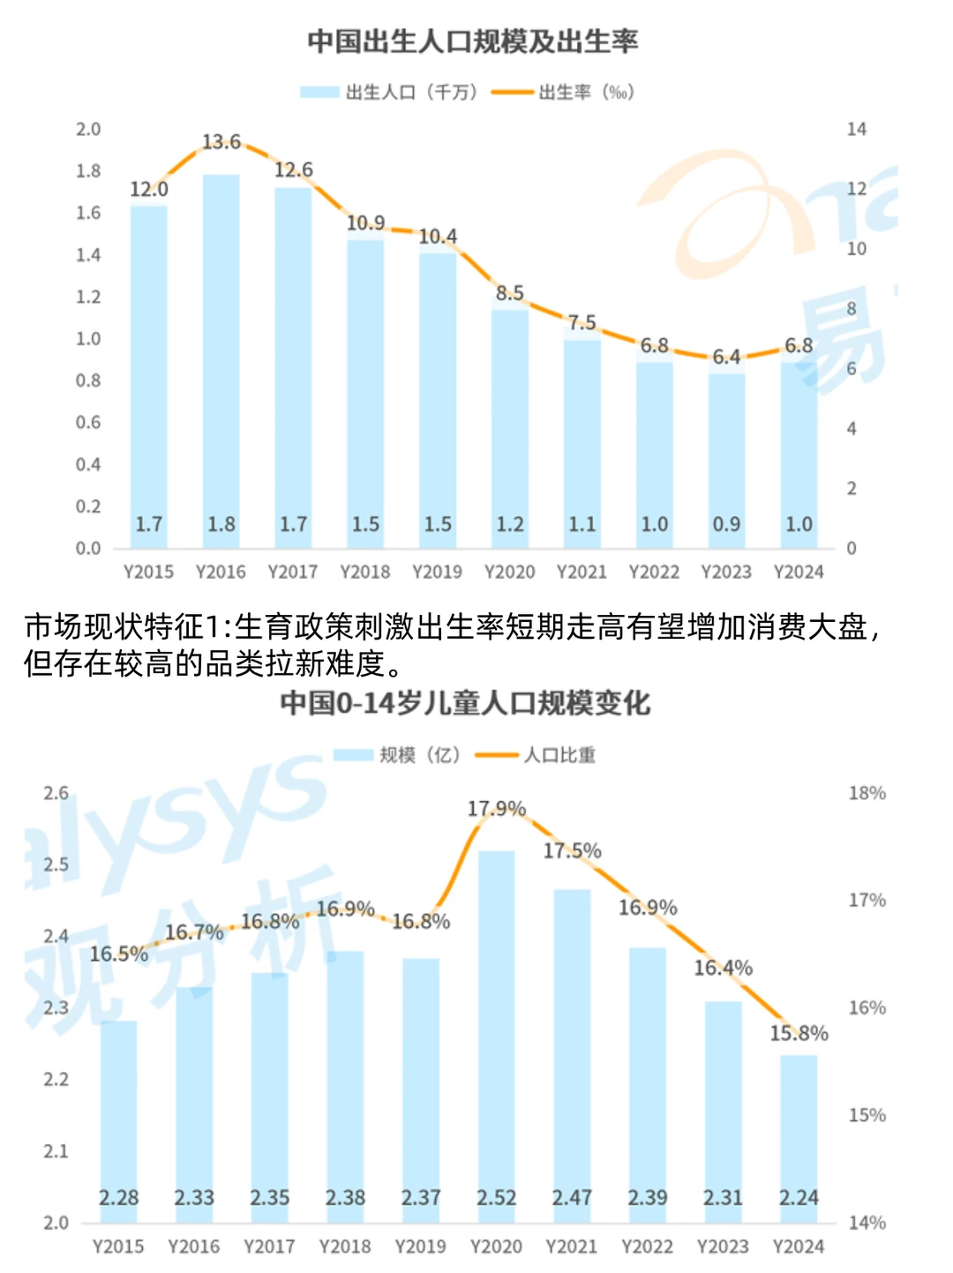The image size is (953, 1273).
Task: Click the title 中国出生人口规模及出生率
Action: click(x=472, y=41)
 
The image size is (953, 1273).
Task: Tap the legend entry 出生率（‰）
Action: click(x=564, y=92)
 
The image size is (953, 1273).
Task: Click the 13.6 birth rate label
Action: click(x=221, y=142)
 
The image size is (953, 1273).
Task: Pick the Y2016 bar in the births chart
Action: click(x=221, y=353)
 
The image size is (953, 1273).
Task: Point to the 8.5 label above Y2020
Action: click(x=510, y=293)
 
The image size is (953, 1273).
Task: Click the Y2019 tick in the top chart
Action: click(x=438, y=572)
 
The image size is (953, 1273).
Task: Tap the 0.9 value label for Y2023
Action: click(x=726, y=524)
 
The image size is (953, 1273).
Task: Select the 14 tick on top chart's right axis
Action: click(x=856, y=130)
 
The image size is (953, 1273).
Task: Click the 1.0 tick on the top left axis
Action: click(x=88, y=339)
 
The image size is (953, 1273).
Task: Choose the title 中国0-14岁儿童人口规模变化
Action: click(x=465, y=703)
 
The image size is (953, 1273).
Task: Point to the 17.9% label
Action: click(x=496, y=808)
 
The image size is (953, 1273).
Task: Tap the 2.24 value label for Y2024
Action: click(x=799, y=1197)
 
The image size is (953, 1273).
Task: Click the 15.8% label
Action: click(x=799, y=1033)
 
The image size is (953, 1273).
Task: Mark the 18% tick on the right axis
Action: click(x=867, y=793)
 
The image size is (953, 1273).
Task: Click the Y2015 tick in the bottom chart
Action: click(x=118, y=1246)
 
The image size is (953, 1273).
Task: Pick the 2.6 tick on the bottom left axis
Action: click(x=56, y=793)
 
